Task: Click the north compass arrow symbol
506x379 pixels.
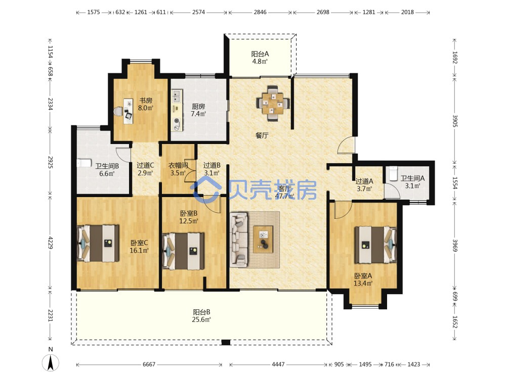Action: coord(51,362)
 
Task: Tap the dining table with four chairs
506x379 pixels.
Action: coord(273,103)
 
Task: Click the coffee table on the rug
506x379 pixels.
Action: coord(263,240)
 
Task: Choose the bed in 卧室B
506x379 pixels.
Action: coord(183,251)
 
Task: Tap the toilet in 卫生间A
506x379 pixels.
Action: coord(393,173)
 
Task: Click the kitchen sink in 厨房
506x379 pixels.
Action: coord(177,95)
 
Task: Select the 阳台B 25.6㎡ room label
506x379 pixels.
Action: coord(202,316)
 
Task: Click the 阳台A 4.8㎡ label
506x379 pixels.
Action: coord(260,58)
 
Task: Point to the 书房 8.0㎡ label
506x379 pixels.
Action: coord(146,104)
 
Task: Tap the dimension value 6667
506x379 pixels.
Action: coord(149,364)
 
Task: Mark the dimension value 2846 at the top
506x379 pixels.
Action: coord(260,12)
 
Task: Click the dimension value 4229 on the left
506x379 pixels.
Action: coord(50,243)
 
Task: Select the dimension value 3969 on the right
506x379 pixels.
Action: coord(455,245)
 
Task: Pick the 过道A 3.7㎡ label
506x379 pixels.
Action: coord(364,185)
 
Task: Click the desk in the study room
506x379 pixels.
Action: coord(129,111)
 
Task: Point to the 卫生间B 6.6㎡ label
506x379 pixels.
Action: coord(107,170)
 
